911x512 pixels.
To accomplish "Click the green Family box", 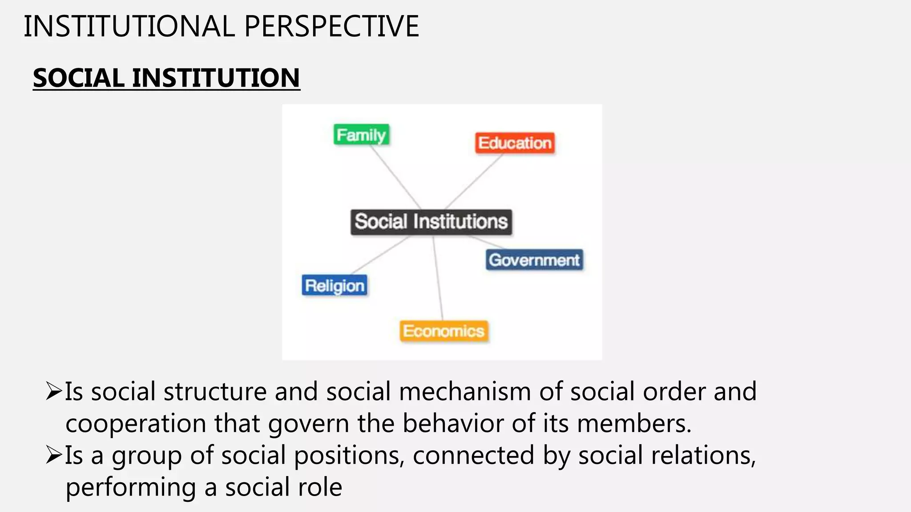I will click(361, 135).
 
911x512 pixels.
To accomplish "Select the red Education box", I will click(515, 143).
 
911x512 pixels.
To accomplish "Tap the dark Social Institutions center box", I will click(431, 221).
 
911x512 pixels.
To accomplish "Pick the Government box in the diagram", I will click(534, 260).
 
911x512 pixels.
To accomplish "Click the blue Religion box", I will click(335, 285).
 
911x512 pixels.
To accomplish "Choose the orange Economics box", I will click(443, 331).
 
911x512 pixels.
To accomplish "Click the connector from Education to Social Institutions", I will click(473, 181).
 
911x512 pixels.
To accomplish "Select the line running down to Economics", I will click(438, 278).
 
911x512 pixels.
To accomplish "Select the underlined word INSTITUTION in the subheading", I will click(216, 78).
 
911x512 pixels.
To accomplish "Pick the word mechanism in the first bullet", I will click(465, 392).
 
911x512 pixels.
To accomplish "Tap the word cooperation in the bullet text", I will click(136, 424).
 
